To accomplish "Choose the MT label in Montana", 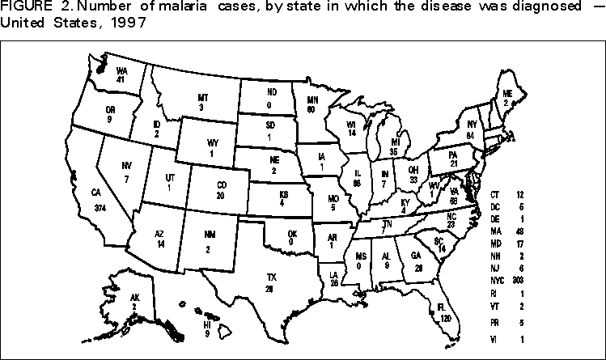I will [201, 97].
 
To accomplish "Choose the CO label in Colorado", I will [220, 185].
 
